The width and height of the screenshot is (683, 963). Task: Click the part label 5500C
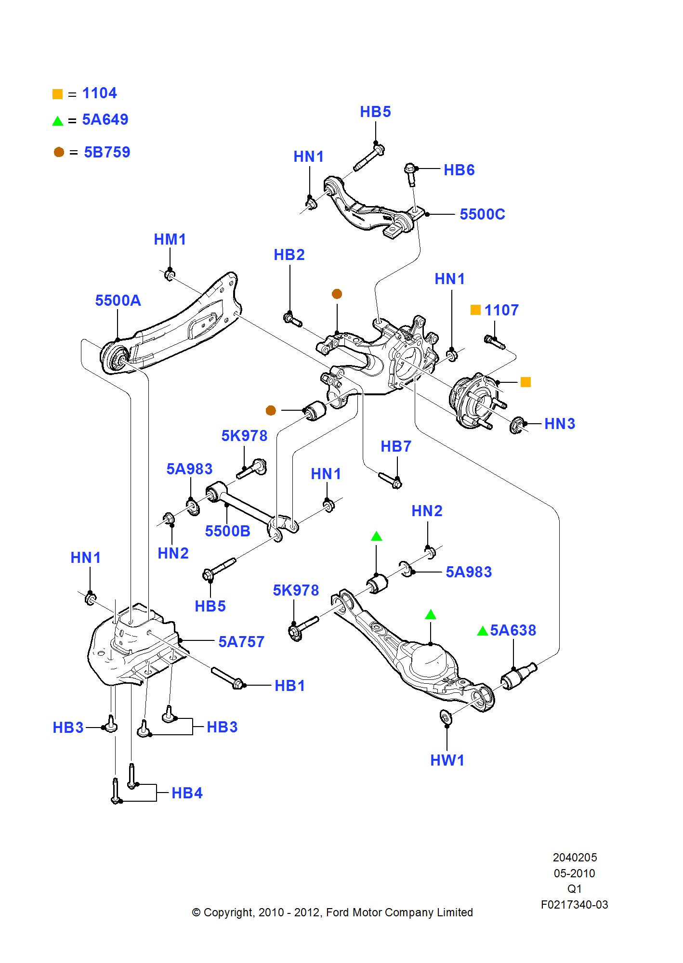click(482, 214)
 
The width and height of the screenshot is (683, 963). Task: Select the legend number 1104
click(99, 93)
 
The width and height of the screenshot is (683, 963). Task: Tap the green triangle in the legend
click(58, 121)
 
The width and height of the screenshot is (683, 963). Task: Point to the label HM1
click(170, 239)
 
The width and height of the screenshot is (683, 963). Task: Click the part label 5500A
click(118, 300)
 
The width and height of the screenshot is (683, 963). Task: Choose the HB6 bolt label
click(459, 170)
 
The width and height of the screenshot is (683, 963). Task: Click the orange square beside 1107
click(475, 310)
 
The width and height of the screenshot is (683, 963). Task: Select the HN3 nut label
click(560, 424)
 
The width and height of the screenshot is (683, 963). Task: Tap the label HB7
click(396, 446)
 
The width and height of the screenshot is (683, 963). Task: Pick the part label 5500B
click(227, 531)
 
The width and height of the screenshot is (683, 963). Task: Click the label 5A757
click(241, 642)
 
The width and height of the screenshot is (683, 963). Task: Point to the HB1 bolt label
click(289, 686)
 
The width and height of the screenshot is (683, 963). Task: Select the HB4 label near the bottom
click(187, 793)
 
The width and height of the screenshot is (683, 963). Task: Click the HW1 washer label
click(447, 760)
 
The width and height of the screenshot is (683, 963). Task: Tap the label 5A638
click(513, 630)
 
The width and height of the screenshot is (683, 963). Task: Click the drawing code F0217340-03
click(574, 905)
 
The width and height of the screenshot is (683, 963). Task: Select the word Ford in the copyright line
click(337, 912)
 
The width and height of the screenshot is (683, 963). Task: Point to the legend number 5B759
click(107, 152)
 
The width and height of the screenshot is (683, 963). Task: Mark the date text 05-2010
click(574, 873)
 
